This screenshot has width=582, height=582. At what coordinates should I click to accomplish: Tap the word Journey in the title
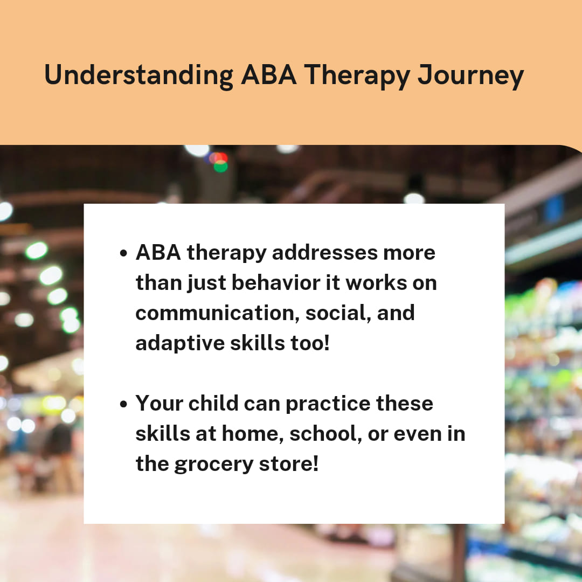point(470,77)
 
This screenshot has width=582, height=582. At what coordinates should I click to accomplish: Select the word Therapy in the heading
point(357,77)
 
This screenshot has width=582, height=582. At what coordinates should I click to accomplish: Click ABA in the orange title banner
point(269,75)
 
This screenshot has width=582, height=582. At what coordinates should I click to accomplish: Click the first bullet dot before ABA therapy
point(123,253)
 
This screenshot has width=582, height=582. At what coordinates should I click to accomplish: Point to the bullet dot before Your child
point(123,404)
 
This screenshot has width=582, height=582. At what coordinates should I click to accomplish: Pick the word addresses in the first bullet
point(324,253)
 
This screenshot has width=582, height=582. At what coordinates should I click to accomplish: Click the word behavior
point(276,283)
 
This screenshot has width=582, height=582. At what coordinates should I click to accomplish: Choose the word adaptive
point(180,343)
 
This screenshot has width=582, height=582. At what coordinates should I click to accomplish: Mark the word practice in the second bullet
point(328,404)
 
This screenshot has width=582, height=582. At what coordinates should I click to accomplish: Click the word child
point(213,403)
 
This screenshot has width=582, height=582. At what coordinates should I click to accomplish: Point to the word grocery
point(214,465)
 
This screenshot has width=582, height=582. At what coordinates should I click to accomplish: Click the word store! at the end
point(289,463)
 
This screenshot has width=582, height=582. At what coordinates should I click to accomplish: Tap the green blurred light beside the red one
point(221,167)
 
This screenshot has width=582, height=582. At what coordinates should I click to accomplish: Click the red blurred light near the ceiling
point(219,158)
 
